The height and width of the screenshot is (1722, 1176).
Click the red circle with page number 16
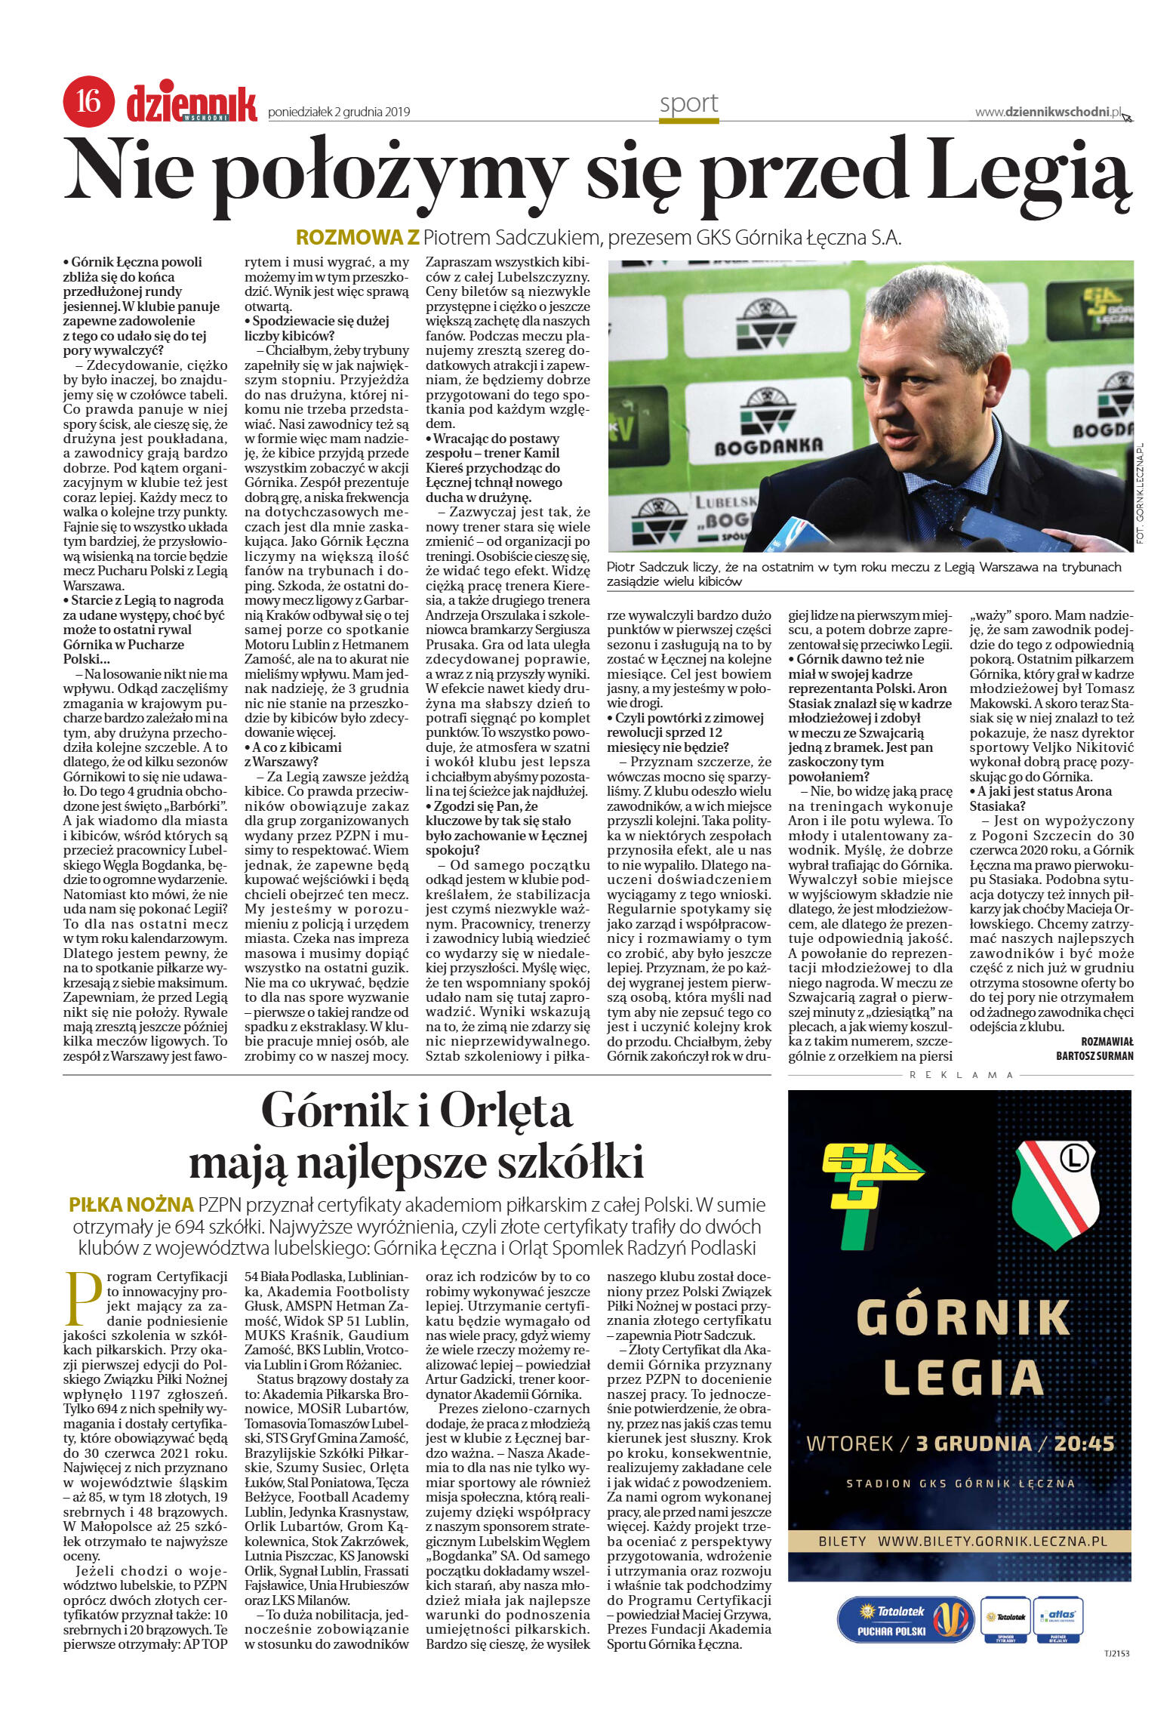coord(88,100)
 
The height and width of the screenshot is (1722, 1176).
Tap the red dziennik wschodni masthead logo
coord(191,105)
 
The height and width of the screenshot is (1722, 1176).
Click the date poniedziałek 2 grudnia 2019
coord(339,112)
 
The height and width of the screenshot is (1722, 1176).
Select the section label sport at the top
coord(688,103)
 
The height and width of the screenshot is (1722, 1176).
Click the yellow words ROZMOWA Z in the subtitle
coord(357,238)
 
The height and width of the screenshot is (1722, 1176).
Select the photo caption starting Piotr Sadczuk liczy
coord(864,574)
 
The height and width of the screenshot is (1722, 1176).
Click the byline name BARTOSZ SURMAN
coord(1094,1055)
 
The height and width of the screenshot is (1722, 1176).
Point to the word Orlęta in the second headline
coord(505,1111)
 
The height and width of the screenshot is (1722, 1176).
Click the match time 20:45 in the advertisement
coord(1084,1443)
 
